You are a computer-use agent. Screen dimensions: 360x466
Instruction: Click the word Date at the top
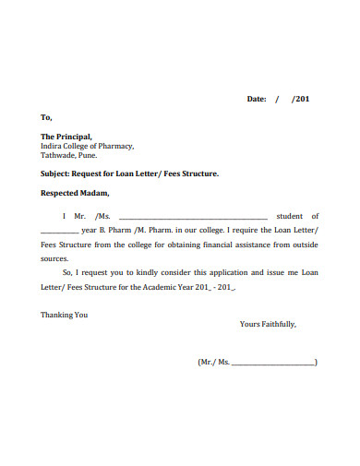click(255, 98)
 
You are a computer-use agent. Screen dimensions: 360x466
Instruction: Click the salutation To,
click(46, 118)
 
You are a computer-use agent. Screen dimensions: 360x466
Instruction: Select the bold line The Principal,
click(66, 137)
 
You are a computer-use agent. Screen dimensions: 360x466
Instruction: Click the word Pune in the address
click(88, 155)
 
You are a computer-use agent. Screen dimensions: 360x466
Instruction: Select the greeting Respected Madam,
click(75, 194)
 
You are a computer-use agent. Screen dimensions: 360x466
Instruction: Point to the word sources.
click(55, 259)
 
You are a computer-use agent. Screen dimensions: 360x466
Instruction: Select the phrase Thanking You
click(64, 315)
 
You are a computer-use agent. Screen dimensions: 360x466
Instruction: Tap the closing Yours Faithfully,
click(268, 325)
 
